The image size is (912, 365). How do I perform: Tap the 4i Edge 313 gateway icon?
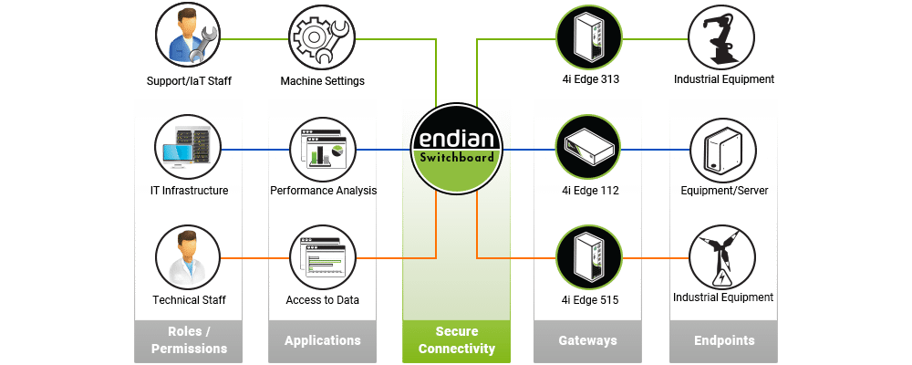click(589, 38)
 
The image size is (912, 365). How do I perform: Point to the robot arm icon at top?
click(723, 38)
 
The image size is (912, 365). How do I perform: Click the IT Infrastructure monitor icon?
click(189, 149)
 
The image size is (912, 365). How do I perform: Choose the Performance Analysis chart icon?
click(322, 149)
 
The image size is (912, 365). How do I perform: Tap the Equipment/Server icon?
click(723, 149)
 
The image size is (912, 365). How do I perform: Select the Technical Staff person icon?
click(189, 258)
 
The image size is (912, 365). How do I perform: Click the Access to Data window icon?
click(322, 258)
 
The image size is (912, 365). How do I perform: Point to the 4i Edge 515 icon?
click(589, 258)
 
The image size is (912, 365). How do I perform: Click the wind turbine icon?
click(723, 258)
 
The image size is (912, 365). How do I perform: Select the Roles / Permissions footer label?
click(189, 340)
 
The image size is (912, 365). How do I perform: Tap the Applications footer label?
click(322, 340)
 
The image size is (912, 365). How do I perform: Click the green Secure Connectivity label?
click(456, 340)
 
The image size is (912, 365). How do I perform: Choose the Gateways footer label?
click(587, 340)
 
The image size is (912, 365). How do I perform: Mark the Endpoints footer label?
click(724, 340)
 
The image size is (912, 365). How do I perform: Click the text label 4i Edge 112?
click(589, 191)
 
